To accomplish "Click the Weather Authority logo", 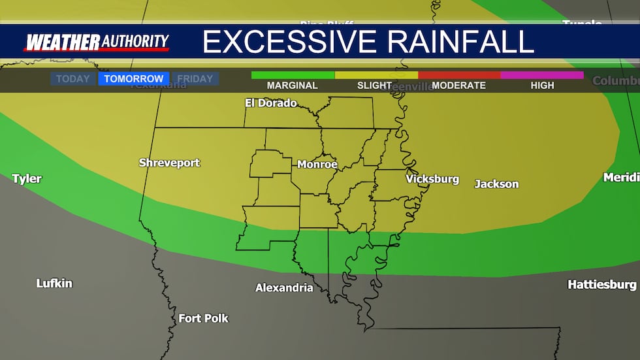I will (x=97, y=42).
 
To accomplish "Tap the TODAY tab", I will (x=72, y=79).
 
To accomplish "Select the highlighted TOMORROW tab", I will (x=134, y=79).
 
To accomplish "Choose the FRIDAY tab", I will (x=195, y=79).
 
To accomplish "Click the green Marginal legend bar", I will (x=293, y=75).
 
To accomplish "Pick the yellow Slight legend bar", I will (x=376, y=75).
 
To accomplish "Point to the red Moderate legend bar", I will (x=459, y=75).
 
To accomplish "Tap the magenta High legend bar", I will (x=542, y=75).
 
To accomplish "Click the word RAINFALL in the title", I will (x=461, y=42).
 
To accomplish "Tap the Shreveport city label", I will (x=169, y=163).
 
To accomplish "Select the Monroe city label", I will (x=317, y=165).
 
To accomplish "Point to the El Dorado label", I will (x=270, y=103).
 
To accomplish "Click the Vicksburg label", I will (x=432, y=179).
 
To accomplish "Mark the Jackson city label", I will (x=496, y=184).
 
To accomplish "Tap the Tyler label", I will (x=27, y=179).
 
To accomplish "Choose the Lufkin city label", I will (x=54, y=284).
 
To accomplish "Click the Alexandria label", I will (x=284, y=288).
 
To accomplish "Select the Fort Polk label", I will (x=204, y=319).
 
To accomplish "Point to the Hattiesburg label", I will (x=601, y=285).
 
